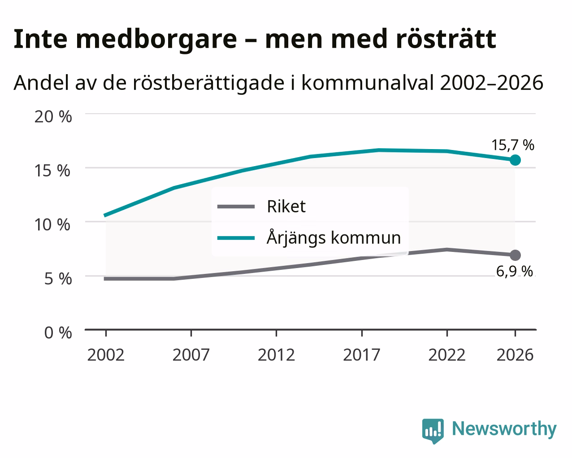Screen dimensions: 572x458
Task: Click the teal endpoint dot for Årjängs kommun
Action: [515, 160]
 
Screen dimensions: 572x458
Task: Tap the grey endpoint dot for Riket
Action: [515, 255]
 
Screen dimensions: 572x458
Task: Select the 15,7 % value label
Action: [513, 145]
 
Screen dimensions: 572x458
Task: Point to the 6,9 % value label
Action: [514, 271]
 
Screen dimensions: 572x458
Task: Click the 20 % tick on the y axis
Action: [53, 117]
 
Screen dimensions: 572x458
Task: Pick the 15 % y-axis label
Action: [52, 171]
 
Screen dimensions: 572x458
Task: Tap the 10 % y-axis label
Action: [52, 225]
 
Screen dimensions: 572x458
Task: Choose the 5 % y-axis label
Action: [58, 279]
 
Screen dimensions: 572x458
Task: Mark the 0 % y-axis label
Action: [58, 333]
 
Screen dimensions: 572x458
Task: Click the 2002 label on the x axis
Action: [106, 355]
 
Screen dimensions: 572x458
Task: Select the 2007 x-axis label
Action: [191, 355]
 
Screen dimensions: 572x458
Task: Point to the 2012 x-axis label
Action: [277, 355]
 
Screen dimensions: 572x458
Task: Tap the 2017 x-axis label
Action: [362, 355]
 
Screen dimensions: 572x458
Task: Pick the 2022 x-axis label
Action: [447, 355]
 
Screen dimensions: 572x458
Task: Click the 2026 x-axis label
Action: [515, 355]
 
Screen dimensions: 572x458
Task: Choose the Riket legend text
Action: [286, 207]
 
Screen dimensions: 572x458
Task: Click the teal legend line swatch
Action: [236, 238]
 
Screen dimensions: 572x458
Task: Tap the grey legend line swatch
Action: [236, 207]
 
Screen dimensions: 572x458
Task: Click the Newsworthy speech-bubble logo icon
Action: [433, 431]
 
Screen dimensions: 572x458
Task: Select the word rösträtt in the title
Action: [446, 39]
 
